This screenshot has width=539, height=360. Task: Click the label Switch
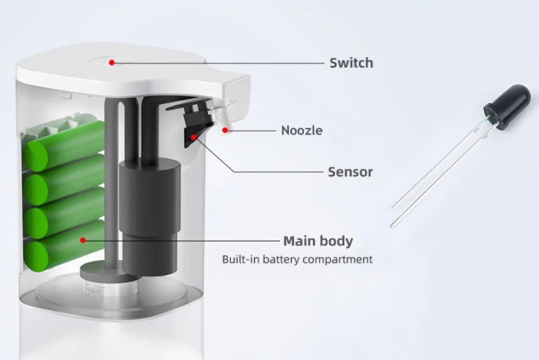(x=351, y=63)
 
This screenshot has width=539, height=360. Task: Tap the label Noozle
(x=302, y=130)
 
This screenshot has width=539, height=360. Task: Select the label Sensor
(x=350, y=172)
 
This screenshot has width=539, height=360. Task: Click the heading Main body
(x=318, y=241)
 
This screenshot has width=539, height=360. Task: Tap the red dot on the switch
(x=112, y=63)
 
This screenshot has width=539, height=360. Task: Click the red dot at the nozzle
(x=225, y=130)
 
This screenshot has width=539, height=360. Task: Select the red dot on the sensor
(x=194, y=137)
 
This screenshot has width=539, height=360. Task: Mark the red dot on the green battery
(x=83, y=240)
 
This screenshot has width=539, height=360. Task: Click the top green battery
(x=65, y=146)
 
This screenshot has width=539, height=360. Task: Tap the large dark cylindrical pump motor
(x=150, y=217)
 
